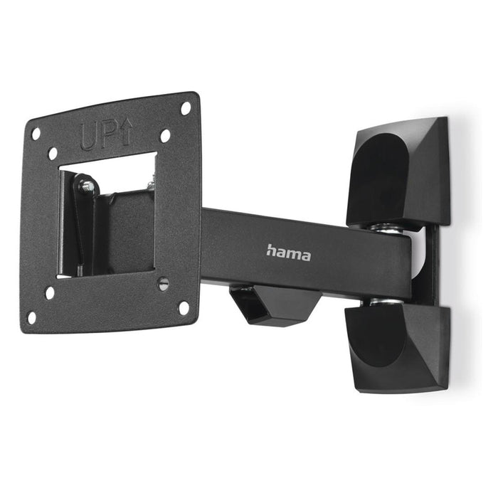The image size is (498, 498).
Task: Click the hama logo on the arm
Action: (288, 252)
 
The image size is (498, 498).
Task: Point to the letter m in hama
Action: (293, 253)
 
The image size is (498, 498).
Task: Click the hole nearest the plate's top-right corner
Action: (186, 109)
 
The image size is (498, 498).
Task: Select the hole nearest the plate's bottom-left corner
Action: (31, 317)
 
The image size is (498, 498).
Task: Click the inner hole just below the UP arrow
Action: (165, 135)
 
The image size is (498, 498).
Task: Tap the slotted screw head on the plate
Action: (163, 283)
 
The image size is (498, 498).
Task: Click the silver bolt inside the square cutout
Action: (88, 186)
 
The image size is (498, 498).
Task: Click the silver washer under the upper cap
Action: (386, 228)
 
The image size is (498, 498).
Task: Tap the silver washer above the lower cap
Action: (384, 303)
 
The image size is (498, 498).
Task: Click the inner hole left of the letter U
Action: (53, 153)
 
